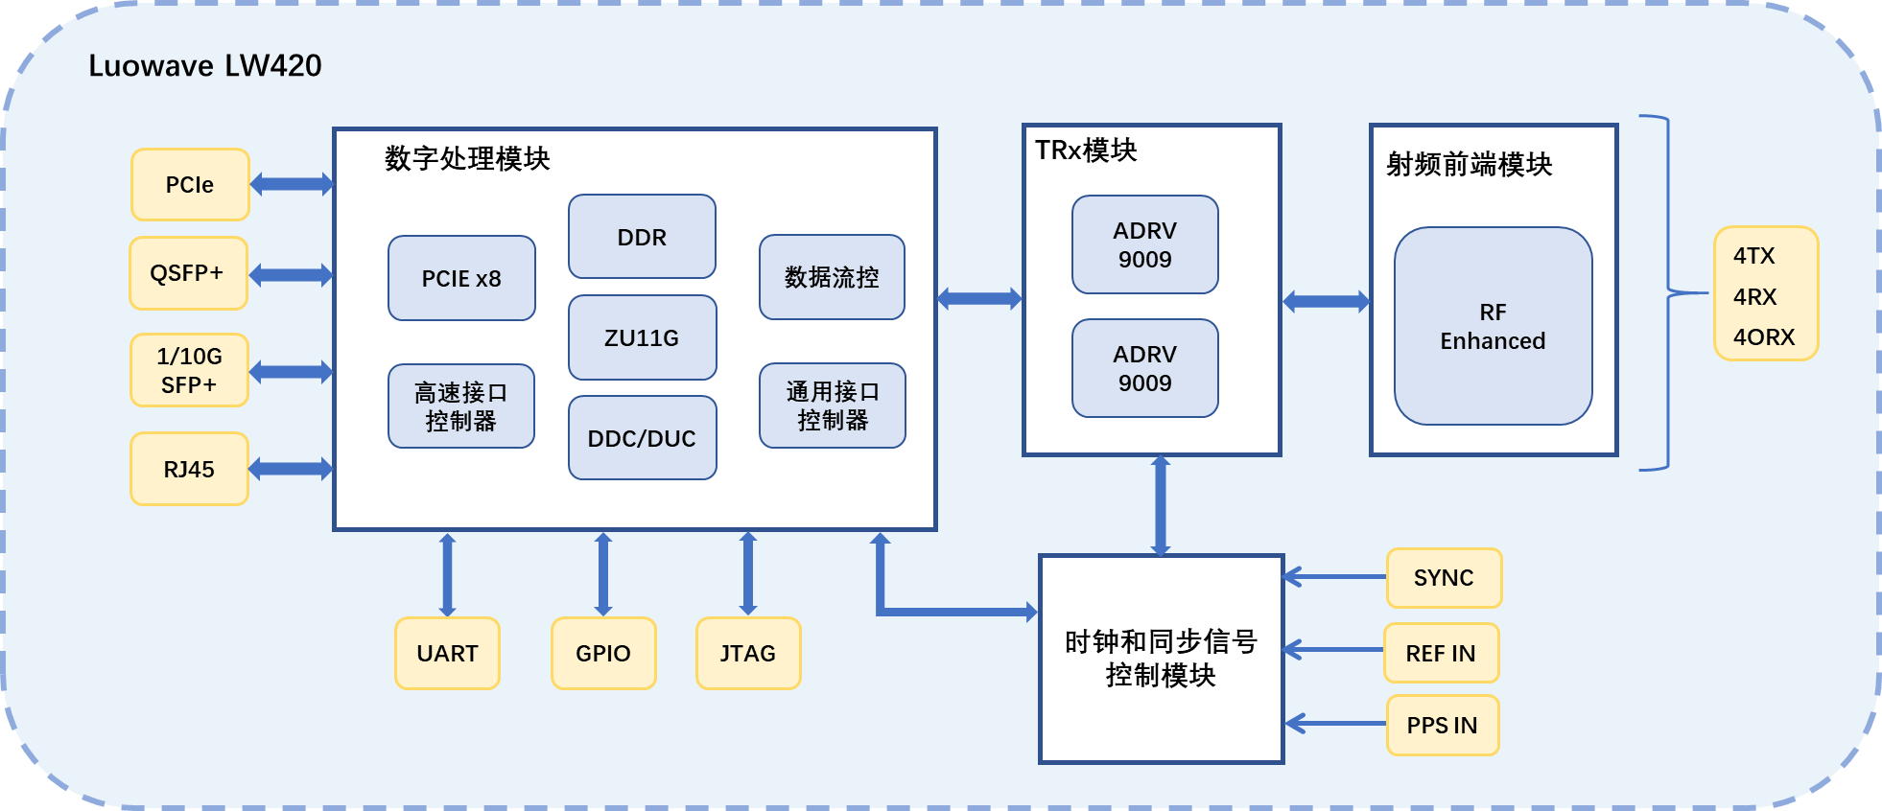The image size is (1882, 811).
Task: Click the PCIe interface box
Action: (190, 185)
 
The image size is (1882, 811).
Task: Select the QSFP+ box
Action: (188, 273)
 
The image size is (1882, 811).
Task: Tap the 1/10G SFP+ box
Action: (189, 370)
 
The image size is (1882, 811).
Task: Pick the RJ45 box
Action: (189, 469)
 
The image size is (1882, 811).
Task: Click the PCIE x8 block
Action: (461, 278)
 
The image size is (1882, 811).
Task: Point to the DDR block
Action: (642, 237)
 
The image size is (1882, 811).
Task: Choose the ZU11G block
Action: (642, 337)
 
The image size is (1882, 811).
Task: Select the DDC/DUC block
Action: (642, 438)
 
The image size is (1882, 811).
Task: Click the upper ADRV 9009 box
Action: (1144, 244)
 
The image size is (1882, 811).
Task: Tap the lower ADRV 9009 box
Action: (1144, 368)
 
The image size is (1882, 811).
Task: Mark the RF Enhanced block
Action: (1493, 326)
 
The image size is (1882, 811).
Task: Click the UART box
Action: (447, 653)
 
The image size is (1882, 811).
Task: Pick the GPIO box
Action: (603, 653)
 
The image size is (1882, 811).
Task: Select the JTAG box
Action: (748, 653)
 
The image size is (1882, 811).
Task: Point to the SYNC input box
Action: (1444, 578)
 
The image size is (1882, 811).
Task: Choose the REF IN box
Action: (1441, 653)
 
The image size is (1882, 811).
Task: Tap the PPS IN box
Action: (1442, 726)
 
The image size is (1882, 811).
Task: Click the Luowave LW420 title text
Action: (205, 65)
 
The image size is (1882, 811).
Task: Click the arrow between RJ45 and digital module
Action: (291, 469)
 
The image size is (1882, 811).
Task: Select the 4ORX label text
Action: (1764, 337)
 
